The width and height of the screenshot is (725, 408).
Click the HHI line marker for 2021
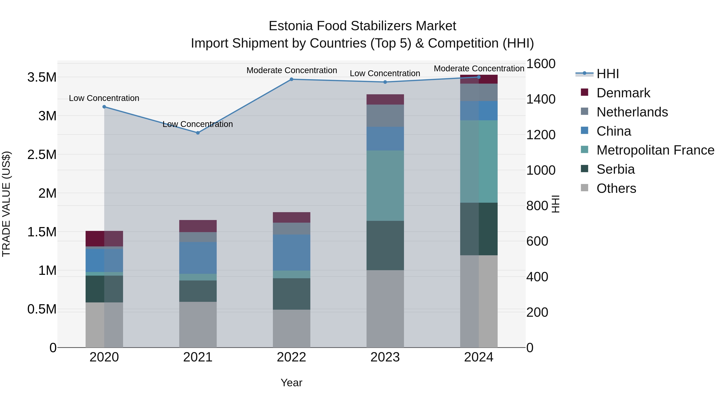198,133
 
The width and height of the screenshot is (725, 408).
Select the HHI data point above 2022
292,79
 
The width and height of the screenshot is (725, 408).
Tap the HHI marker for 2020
104,107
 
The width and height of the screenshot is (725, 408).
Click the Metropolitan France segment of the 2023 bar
385,186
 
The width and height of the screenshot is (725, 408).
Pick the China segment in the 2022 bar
292,253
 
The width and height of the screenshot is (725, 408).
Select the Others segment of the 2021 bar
198,324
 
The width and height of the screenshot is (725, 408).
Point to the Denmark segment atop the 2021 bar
198,226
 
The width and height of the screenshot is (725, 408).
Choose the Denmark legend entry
623,93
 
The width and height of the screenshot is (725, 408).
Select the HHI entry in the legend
607,74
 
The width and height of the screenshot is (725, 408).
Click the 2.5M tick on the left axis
42,155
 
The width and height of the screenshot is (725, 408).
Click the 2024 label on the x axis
478,357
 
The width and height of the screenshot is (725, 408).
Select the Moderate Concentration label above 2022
292,70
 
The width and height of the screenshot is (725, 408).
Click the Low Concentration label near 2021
198,124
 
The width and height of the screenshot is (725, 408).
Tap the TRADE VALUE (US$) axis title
6,204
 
